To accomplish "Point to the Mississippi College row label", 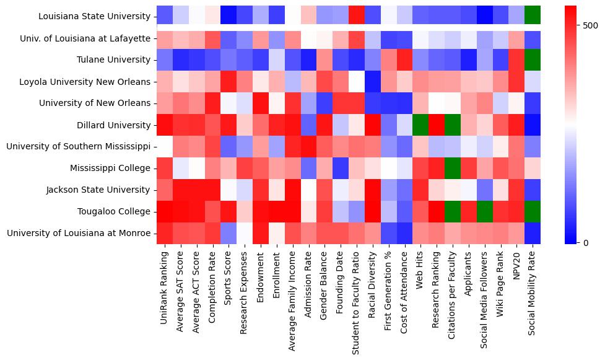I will click(110, 169).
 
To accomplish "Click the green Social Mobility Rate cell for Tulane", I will click(533, 60).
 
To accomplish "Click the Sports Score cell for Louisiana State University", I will click(230, 17).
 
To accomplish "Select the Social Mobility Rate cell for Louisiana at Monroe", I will click(533, 234).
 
